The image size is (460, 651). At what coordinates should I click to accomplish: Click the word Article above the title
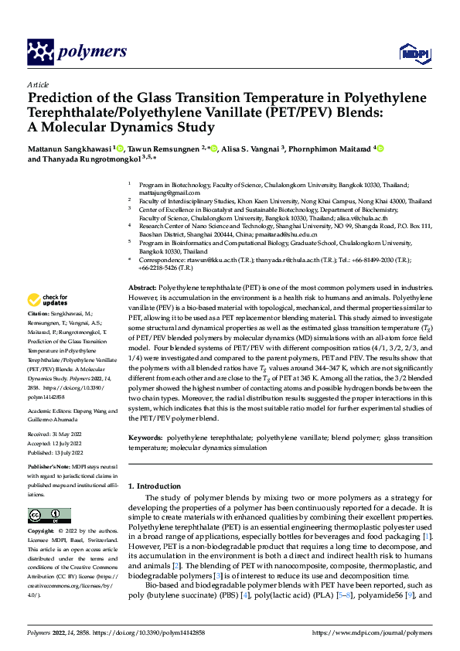click(38, 84)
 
